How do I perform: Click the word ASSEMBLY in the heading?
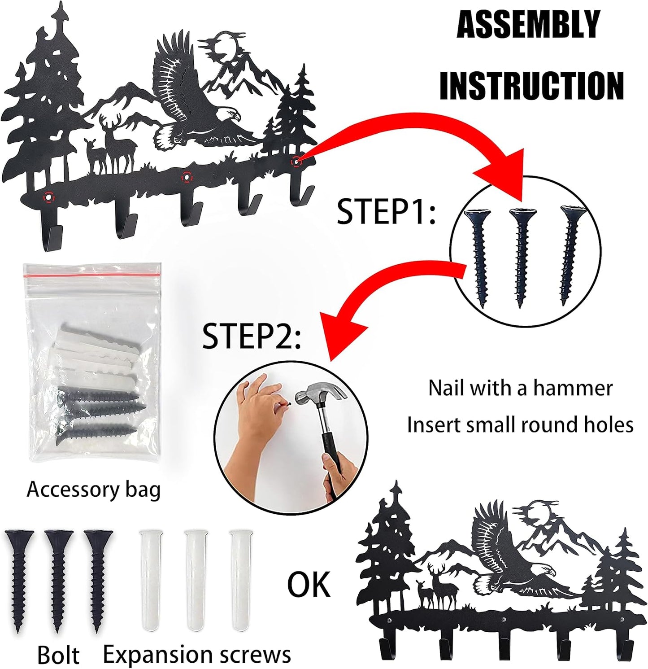tap(528, 25)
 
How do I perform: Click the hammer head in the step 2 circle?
tap(321, 394)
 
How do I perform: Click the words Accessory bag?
tap(94, 490)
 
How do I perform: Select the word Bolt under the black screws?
tap(58, 656)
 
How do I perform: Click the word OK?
tap(309, 585)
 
